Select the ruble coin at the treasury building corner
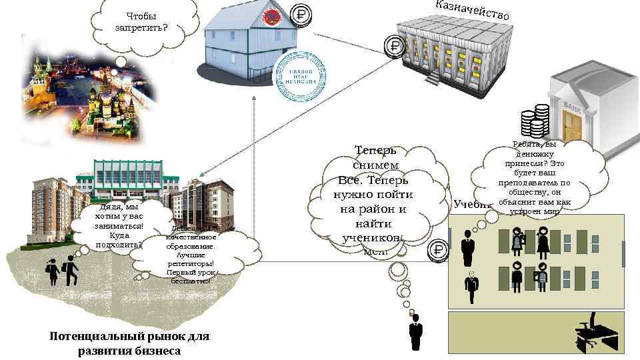coord(395,47)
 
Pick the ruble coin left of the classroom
coord(438,250)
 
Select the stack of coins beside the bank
coord(535,121)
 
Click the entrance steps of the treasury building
coord(434,77)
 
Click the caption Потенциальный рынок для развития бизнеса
coord(129,343)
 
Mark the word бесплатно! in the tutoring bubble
coord(190,281)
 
